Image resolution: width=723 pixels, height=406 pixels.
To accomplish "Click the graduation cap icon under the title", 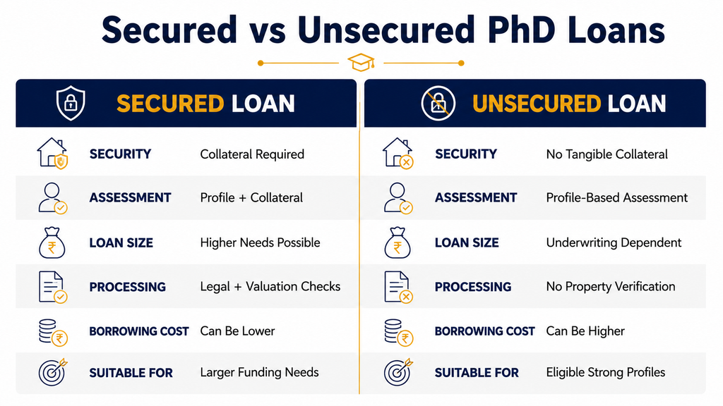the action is tap(361, 63).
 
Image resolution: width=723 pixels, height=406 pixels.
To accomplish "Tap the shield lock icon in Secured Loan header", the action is tap(71, 103).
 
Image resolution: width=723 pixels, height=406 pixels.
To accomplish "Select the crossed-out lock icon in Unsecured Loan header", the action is tap(438, 103).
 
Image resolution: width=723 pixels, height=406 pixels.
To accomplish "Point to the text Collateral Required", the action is tap(252, 154).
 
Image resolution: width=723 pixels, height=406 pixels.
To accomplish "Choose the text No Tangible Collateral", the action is tap(607, 154).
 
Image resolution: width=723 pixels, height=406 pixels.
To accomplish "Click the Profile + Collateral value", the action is tap(251, 197).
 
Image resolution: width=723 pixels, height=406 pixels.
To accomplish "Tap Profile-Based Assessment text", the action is tap(617, 197).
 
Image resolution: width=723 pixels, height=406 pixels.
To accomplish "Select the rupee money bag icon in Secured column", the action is tap(52, 242).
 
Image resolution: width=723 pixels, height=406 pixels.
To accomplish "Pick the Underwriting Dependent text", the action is tap(614, 242).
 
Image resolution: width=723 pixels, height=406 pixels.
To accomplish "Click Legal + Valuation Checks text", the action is tap(270, 287).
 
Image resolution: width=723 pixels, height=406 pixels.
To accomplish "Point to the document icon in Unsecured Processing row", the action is tap(398, 287).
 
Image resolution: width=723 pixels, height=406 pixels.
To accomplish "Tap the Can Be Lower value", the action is tap(237, 331).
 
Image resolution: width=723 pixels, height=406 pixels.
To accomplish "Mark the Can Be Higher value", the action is tap(585, 331).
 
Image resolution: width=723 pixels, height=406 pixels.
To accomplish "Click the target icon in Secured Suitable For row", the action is tap(52, 372).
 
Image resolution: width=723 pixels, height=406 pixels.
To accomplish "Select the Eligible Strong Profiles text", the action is tap(606, 372).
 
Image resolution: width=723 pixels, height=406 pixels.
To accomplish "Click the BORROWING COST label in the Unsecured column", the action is tap(484, 331).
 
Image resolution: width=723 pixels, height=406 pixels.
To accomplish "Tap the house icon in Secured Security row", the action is tap(52, 153).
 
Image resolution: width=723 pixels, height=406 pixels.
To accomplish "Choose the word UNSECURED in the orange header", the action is tap(537, 104).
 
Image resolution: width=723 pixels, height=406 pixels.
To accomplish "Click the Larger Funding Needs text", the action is tap(260, 372).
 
